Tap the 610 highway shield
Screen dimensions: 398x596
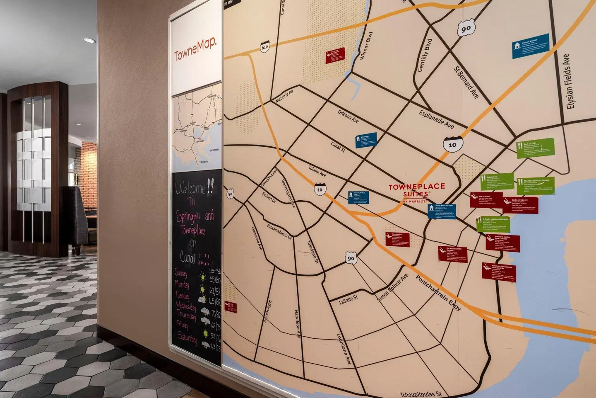click(265, 46)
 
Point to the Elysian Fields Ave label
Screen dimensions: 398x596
click(571, 82)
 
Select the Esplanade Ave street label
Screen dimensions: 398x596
click(436, 119)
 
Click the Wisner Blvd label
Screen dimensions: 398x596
click(366, 46)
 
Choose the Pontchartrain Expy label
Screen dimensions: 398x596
click(438, 293)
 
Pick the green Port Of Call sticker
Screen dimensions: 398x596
click(535, 148)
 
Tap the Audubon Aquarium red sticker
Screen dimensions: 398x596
click(498, 271)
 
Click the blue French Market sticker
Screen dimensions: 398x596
click(531, 46)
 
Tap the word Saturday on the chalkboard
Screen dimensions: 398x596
click(187, 338)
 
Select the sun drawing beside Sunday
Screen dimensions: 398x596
click(203, 277)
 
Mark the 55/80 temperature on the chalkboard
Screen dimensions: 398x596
click(215, 280)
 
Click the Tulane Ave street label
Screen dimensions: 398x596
click(317, 171)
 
